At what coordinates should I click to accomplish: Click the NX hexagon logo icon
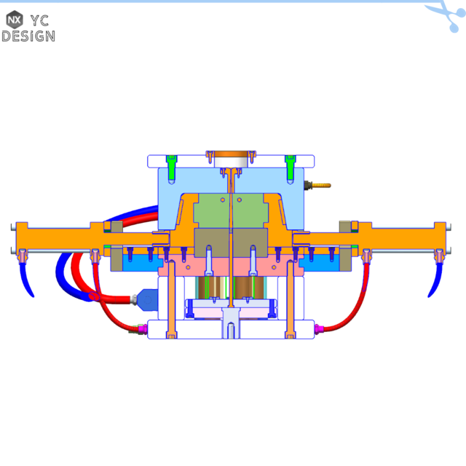[14, 20]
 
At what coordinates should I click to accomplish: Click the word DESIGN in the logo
[28, 36]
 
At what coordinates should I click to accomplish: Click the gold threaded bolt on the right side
[318, 186]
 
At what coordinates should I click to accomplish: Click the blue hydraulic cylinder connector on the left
[145, 299]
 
